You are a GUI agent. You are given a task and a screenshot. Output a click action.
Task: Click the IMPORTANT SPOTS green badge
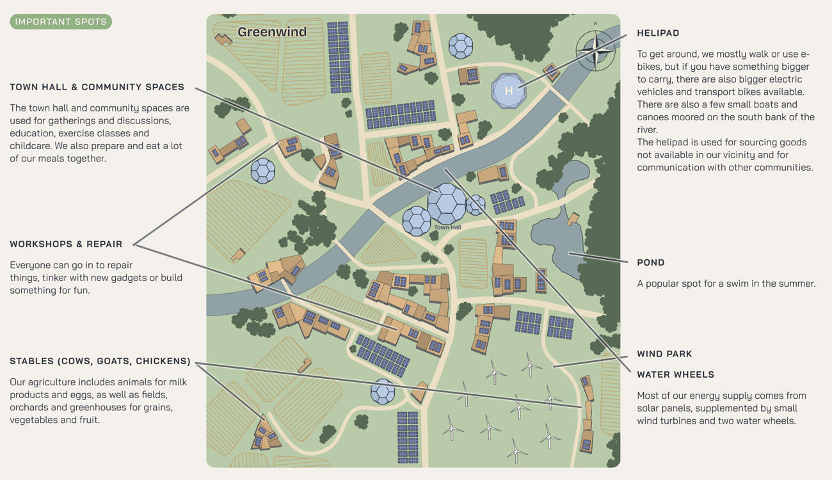[61, 22]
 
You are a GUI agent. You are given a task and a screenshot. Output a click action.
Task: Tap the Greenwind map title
[272, 32]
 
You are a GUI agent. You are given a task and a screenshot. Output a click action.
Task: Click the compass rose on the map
[595, 51]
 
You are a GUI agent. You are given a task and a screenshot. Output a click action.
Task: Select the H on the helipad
[509, 91]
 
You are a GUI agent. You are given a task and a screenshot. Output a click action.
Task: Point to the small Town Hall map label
[447, 228]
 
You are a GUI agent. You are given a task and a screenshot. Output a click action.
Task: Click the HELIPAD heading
[658, 33]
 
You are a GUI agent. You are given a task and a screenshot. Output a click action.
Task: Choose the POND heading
[650, 262]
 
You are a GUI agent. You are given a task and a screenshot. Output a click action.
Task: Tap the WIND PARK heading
[664, 354]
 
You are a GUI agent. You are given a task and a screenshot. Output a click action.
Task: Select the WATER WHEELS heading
[675, 374]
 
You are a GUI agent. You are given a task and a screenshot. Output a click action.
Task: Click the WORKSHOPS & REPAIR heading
[66, 244]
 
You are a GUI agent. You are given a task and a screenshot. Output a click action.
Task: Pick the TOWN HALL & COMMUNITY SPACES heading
[97, 87]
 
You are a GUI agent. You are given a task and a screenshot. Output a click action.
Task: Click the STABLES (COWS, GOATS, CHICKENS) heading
[100, 362]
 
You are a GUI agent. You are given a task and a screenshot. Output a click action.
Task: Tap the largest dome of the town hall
[446, 203]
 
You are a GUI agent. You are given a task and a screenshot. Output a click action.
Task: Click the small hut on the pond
[573, 219]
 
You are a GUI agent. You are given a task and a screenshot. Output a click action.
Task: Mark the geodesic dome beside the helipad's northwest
[460, 45]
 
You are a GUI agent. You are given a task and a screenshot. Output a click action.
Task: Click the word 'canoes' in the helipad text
[653, 117]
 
